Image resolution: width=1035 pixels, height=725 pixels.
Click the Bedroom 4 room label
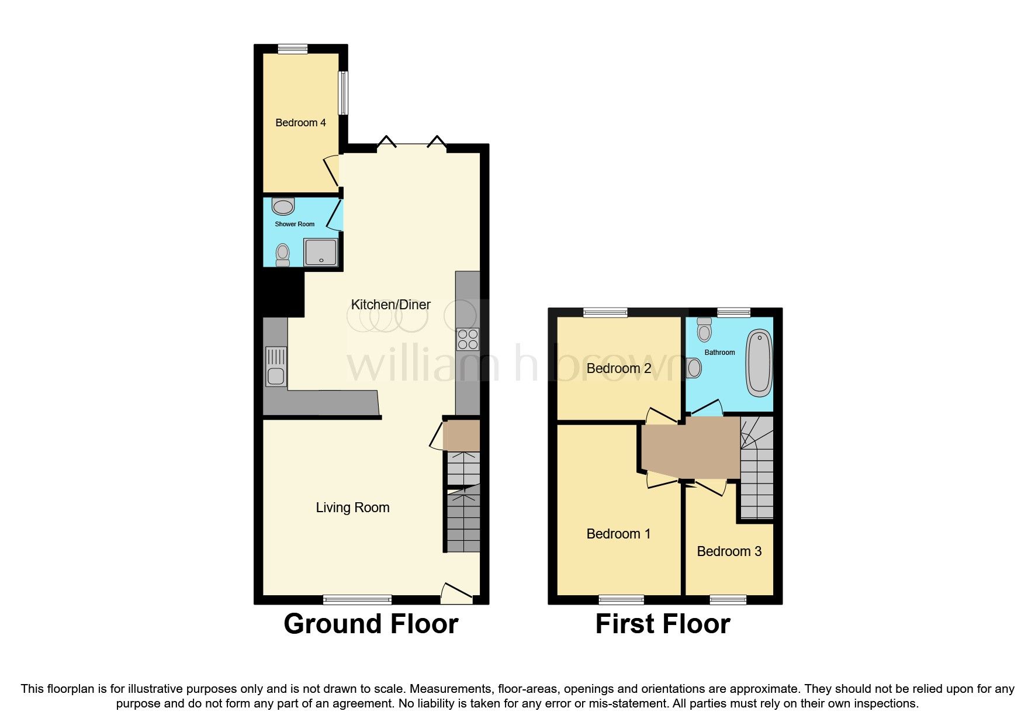coord(300,123)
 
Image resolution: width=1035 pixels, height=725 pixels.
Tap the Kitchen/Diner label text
coord(390,305)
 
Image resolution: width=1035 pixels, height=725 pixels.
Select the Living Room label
coord(352,508)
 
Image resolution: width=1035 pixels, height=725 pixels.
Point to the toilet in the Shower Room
coord(283,254)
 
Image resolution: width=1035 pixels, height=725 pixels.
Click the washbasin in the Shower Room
coord(283,206)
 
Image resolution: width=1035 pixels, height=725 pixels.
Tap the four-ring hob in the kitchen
coord(468,339)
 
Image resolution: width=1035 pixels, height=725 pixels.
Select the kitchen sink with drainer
coord(276,367)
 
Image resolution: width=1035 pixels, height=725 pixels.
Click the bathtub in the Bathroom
coord(759,362)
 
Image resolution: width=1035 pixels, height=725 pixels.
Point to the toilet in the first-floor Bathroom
coord(705,330)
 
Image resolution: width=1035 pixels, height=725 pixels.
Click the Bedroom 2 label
coord(619,368)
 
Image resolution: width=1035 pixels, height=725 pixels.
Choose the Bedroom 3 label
coord(729,551)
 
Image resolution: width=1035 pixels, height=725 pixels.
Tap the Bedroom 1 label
coord(618,534)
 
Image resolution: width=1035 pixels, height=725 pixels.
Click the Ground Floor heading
coord(371,624)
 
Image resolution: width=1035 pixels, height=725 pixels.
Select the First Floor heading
coord(663,624)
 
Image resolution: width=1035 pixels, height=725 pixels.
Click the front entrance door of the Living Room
coord(456,593)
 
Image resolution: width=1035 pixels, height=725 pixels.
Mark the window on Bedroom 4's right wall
coord(344,93)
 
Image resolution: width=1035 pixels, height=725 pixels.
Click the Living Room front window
coord(357,599)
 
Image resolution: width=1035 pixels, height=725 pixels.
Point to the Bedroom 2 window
coord(605,313)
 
